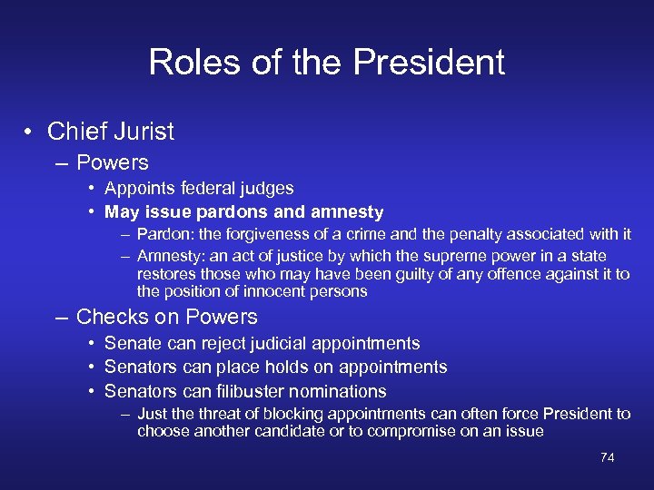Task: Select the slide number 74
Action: coord(608,457)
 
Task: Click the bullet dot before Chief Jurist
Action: coord(30,132)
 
